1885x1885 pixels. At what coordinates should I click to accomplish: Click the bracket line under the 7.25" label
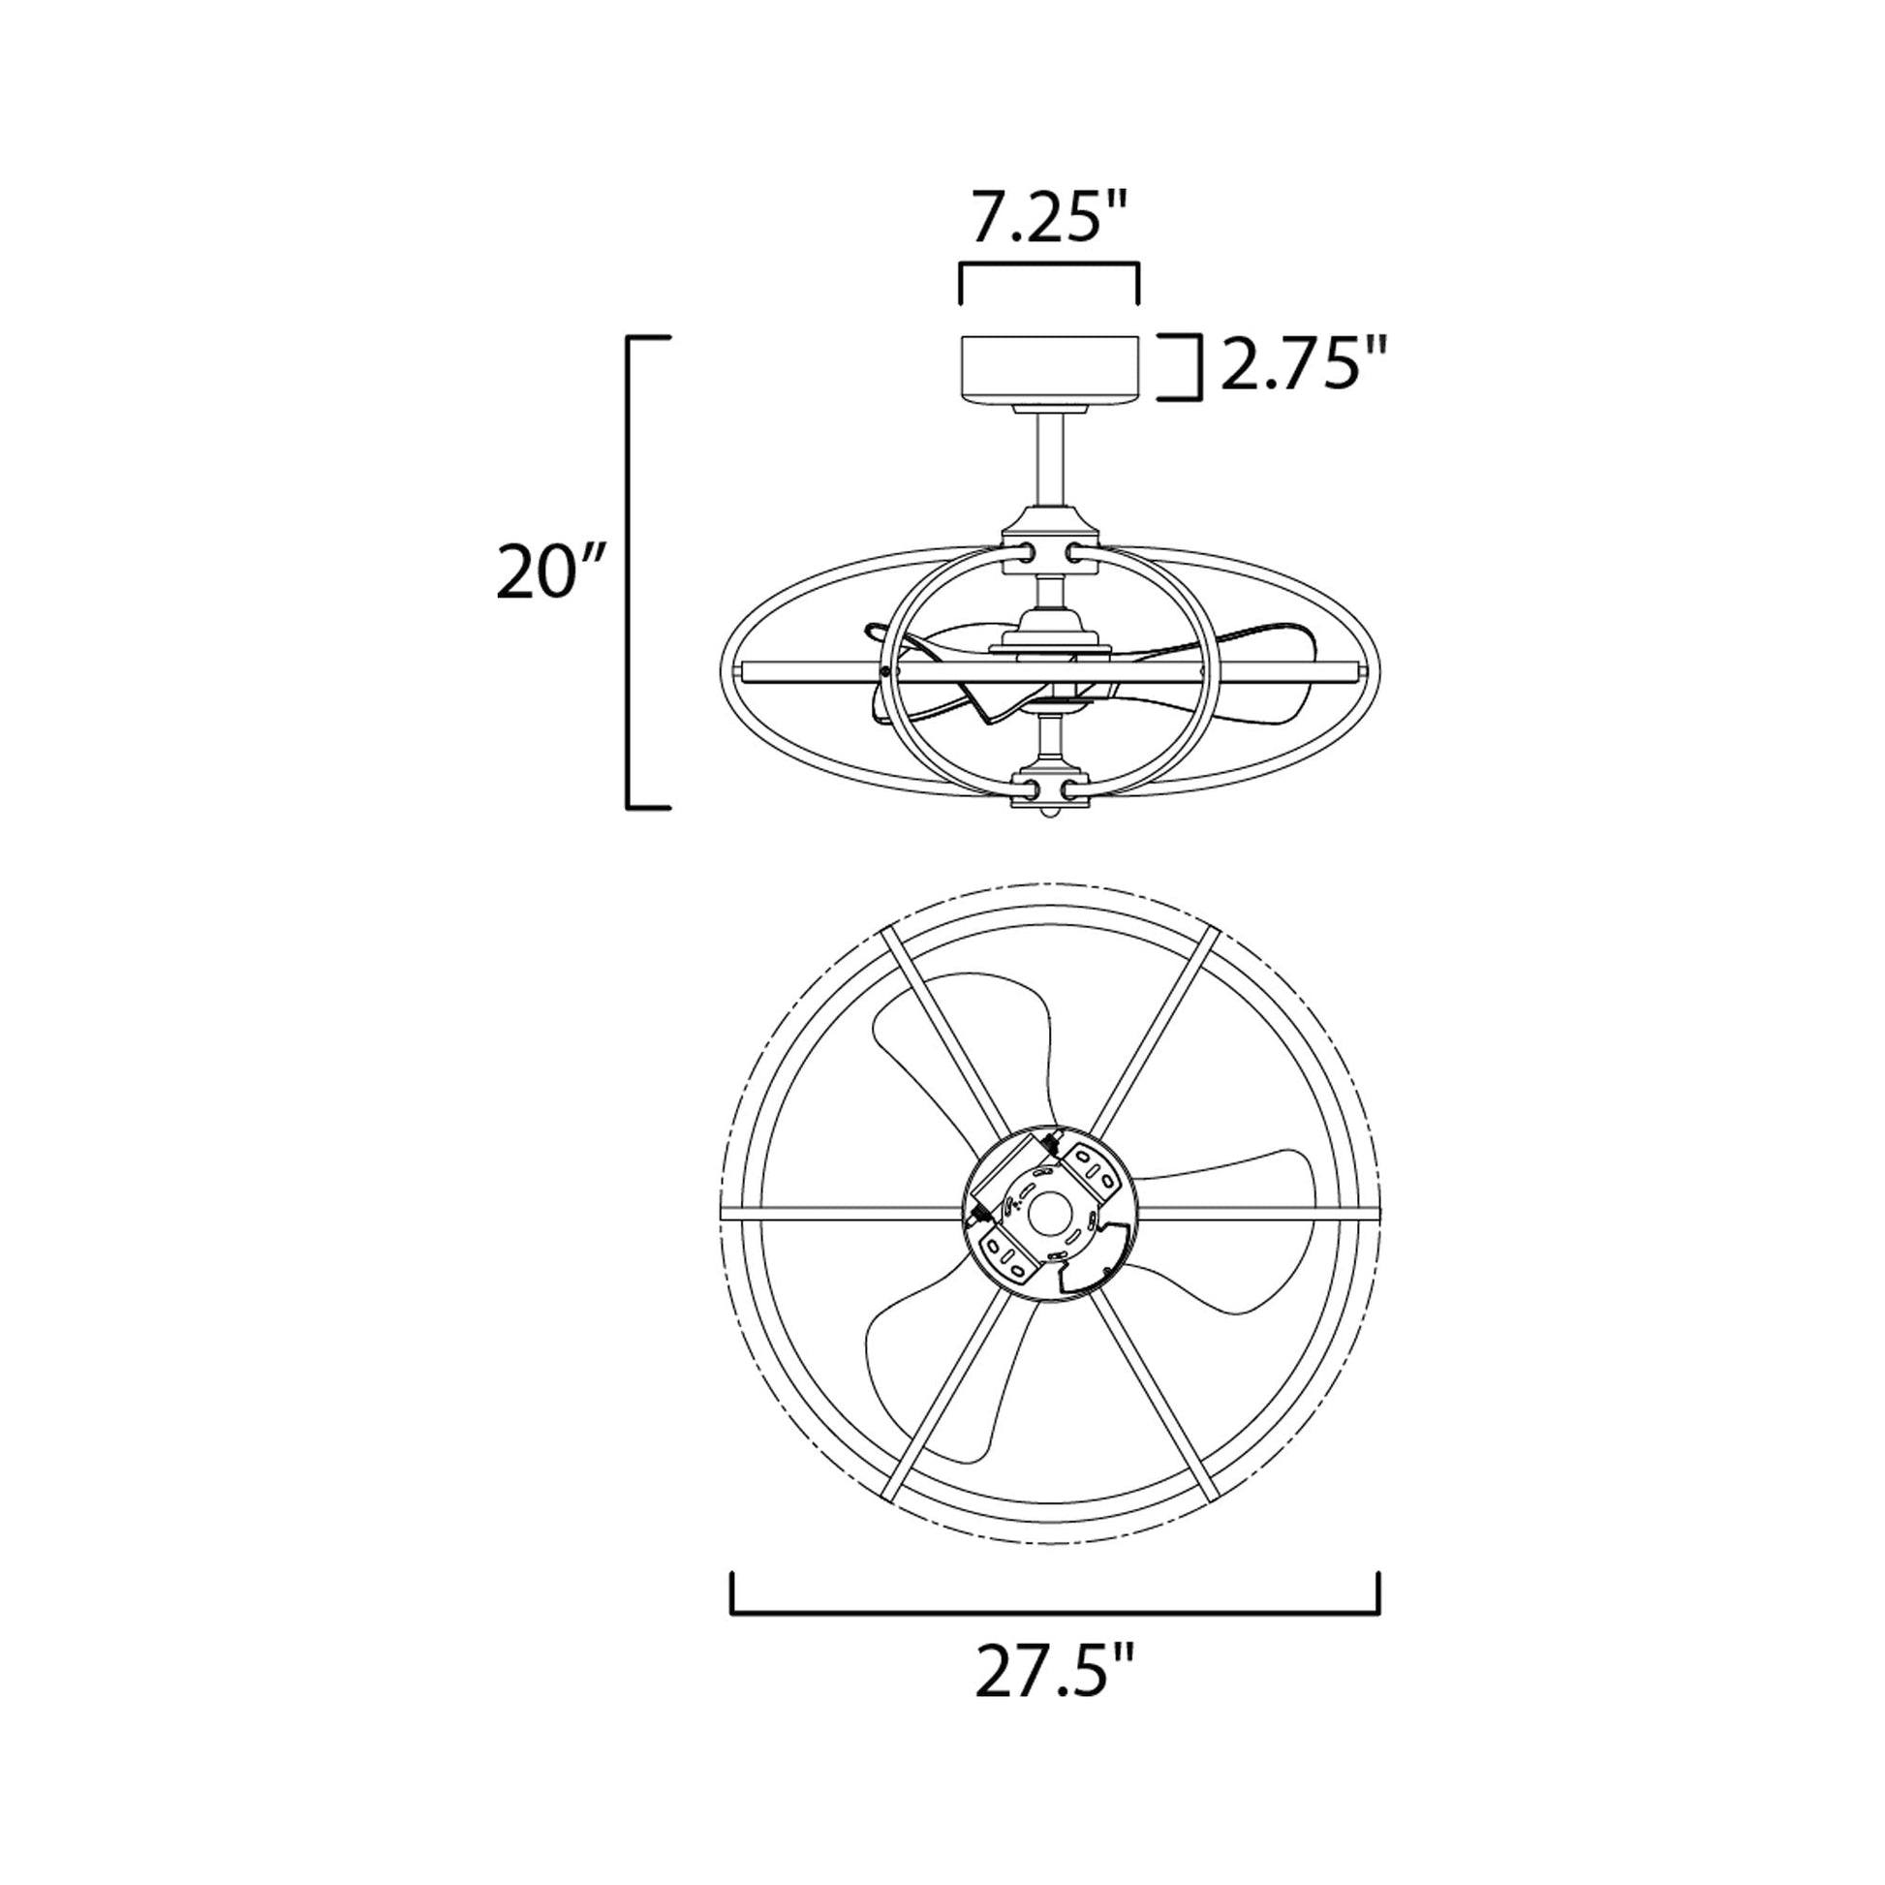click(x=1050, y=264)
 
